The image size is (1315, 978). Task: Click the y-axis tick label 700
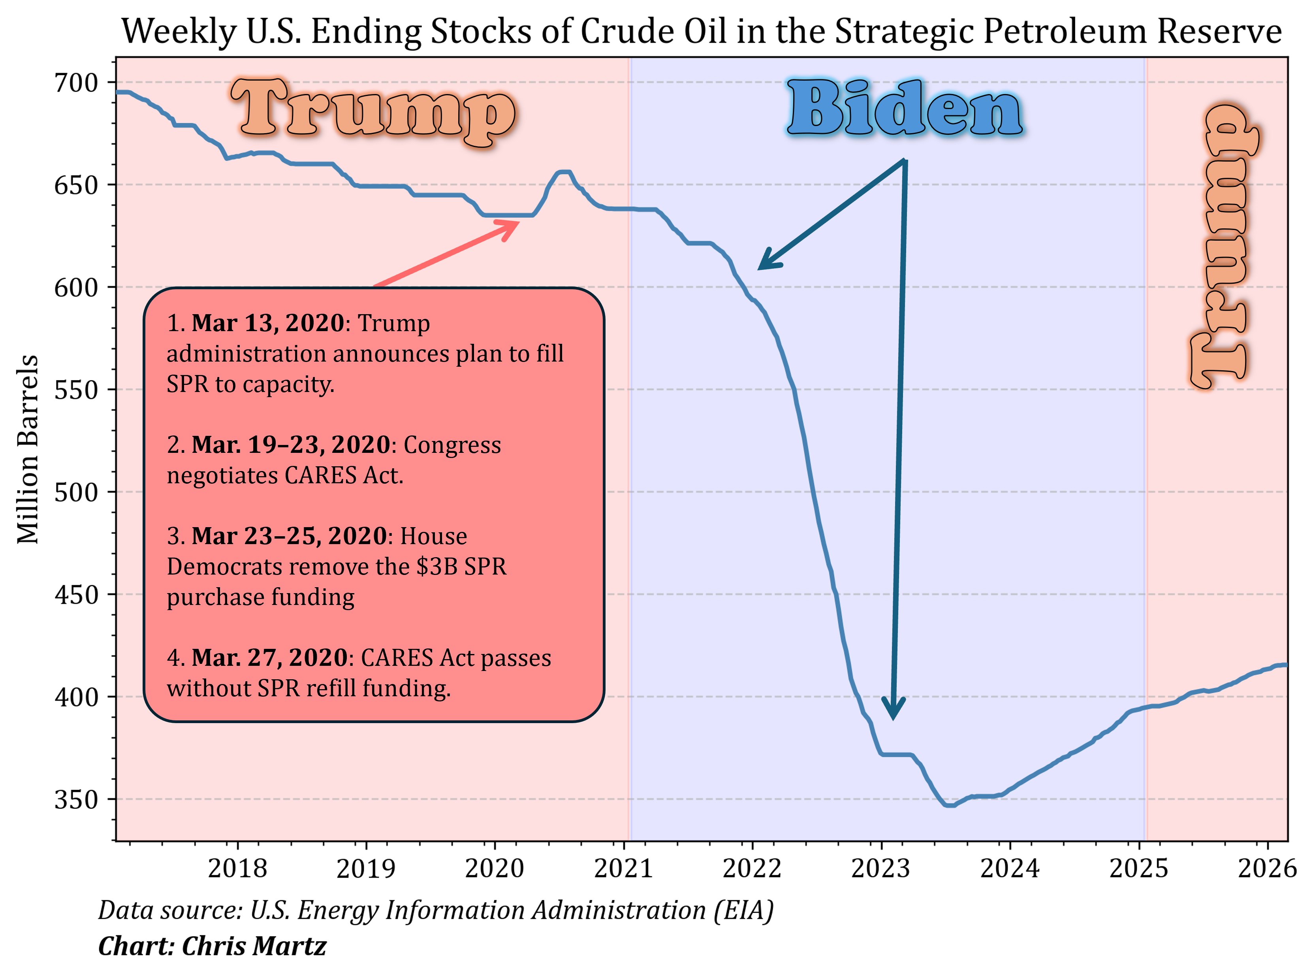coord(76,83)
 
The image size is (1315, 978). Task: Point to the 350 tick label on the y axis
coord(76,800)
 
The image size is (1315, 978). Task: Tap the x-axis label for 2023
coord(880,869)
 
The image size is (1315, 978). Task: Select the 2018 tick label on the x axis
coord(237,869)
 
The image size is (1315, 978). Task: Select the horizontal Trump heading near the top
coord(373,113)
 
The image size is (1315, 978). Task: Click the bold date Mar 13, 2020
coord(267,323)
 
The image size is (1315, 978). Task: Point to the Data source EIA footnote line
coord(436,910)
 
